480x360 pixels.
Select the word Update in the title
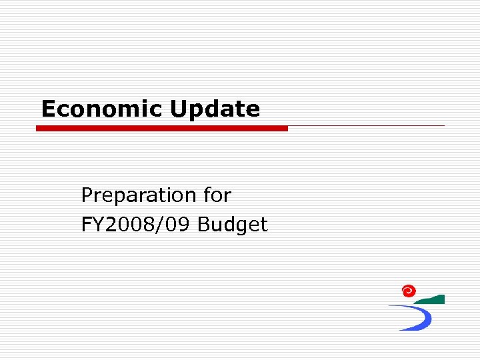(215, 109)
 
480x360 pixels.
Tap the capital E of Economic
(48, 109)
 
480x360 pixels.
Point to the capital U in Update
(178, 109)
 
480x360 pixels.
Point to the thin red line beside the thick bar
(367, 125)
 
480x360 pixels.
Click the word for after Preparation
(218, 195)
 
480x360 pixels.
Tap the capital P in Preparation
(87, 195)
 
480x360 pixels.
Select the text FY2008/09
(137, 225)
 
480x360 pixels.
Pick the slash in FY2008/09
(165, 225)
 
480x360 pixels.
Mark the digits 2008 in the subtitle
(130, 225)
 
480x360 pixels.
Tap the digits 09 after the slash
(181, 225)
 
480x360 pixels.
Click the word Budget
(233, 225)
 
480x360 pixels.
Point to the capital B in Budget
(204, 225)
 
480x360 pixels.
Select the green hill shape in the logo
(434, 300)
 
